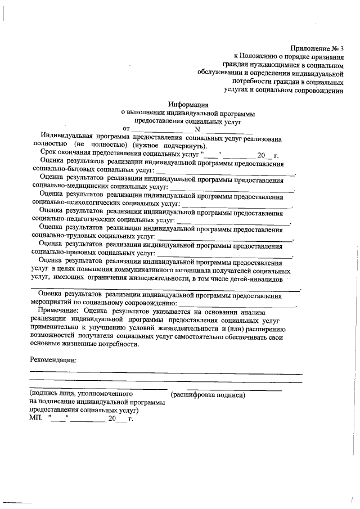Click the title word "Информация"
(188, 104)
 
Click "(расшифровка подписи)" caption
(208, 395)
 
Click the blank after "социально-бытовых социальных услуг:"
(226, 172)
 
